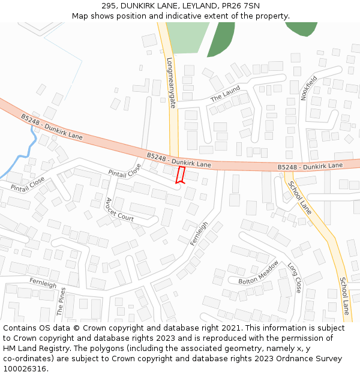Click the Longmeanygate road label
tap(171, 82)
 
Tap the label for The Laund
tap(225, 94)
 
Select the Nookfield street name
tap(308, 88)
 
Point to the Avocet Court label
tap(119, 209)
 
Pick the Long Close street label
tap(294, 278)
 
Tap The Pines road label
tap(61, 301)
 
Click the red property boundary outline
tap(179, 175)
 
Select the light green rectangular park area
tap(187, 38)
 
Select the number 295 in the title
tap(108, 6)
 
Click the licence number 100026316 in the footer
tap(25, 368)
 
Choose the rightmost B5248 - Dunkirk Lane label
tap(310, 166)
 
